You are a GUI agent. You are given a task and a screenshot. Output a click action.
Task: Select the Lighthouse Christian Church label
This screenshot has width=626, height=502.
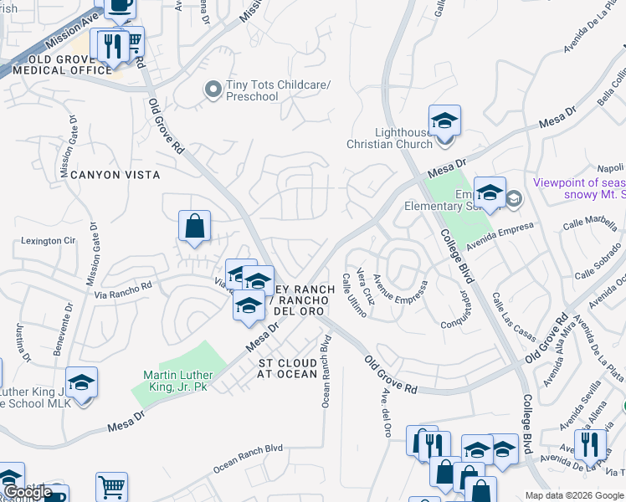pos(390,138)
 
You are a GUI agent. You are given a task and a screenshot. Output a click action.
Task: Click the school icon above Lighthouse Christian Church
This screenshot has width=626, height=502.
pos(445,120)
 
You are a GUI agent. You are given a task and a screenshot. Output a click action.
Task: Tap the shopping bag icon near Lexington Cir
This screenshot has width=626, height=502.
pos(194,226)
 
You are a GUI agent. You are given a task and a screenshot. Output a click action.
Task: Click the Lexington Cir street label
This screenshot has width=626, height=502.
pos(44,241)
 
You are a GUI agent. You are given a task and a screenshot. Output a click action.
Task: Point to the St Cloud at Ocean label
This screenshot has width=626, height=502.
pos(288,368)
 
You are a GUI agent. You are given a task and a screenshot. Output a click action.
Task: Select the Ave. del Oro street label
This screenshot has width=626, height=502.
pos(387,412)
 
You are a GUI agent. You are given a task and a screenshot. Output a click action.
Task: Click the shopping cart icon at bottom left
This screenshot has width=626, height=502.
pos(111,487)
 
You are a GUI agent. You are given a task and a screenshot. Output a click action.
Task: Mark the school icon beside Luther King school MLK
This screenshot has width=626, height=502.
pos(82,383)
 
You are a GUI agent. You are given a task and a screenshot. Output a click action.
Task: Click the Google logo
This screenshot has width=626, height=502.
pos(28,492)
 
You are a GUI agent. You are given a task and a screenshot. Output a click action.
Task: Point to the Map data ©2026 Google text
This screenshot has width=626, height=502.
pos(573,495)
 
